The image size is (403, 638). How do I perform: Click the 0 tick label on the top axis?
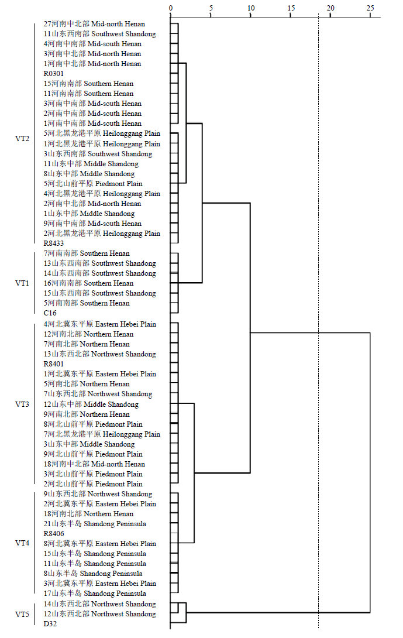pyautogui.click(x=171, y=8)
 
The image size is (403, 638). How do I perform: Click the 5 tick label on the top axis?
pyautogui.click(x=211, y=8)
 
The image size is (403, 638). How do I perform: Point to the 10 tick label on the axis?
pyautogui.click(x=251, y=8)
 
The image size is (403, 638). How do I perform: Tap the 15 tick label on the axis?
pyautogui.click(x=291, y=8)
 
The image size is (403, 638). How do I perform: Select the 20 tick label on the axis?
pyautogui.click(x=330, y=8)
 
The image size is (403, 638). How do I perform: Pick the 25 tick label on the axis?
pyautogui.click(x=370, y=8)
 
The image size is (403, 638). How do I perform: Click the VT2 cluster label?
pyautogui.click(x=22, y=138)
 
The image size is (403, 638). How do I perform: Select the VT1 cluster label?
pyautogui.click(x=22, y=283)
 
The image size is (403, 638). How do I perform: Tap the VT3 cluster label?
pyautogui.click(x=22, y=404)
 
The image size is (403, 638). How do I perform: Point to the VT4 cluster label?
pyautogui.click(x=22, y=543)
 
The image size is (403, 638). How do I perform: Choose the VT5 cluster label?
pyautogui.click(x=22, y=614)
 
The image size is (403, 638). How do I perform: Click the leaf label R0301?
pyautogui.click(x=54, y=74)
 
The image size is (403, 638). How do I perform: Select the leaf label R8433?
pyautogui.click(x=54, y=243)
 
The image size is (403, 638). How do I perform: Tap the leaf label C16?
pyautogui.click(x=50, y=313)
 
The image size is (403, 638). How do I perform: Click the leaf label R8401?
pyautogui.click(x=54, y=363)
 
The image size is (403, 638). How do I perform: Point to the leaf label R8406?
pyautogui.click(x=54, y=533)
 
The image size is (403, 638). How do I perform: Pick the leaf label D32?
pyautogui.click(x=50, y=624)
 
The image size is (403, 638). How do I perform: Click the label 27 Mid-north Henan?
pyautogui.click(x=94, y=24)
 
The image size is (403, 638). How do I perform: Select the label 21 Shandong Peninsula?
pyautogui.click(x=95, y=524)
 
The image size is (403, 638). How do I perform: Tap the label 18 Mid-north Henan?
pyautogui.click(x=94, y=464)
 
